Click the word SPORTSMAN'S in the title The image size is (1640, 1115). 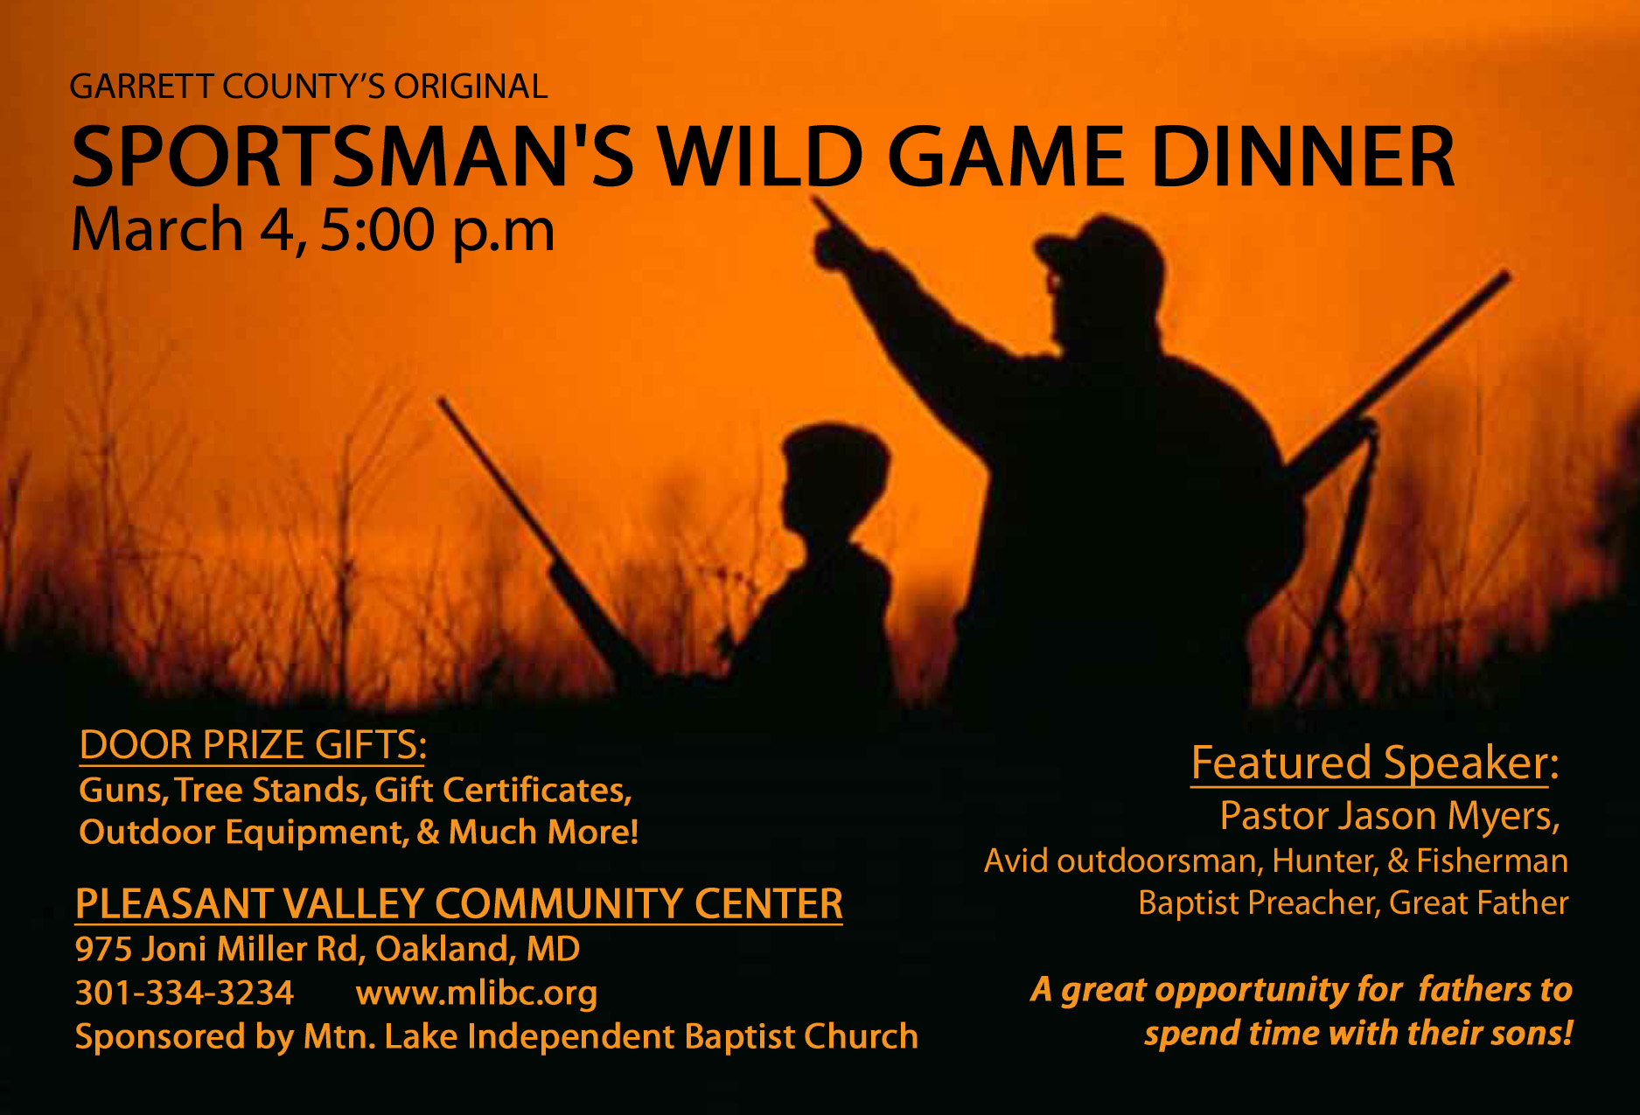click(352, 157)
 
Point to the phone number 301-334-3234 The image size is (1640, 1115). click(185, 993)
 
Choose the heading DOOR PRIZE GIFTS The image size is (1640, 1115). click(253, 745)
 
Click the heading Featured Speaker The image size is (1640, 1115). click(1374, 763)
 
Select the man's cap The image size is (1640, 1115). click(1104, 247)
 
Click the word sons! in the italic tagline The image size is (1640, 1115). click(1532, 1034)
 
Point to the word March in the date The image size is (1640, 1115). click(157, 230)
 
